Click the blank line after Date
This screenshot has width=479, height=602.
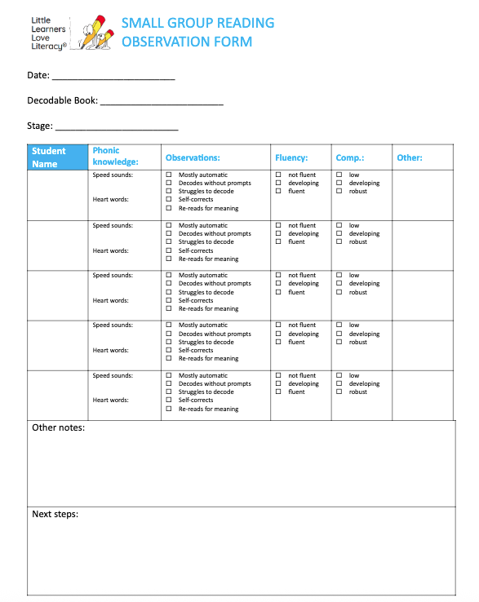click(113, 78)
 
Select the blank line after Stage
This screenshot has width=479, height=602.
click(117, 129)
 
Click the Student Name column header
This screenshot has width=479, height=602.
click(49, 157)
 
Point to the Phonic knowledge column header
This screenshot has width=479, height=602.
click(115, 157)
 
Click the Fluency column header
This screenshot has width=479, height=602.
click(291, 157)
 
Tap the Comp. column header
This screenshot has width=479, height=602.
click(350, 157)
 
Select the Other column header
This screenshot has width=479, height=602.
click(409, 157)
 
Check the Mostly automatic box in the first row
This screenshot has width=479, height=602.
click(169, 175)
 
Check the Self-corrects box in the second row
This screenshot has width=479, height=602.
click(169, 250)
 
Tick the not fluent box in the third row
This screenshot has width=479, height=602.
click(278, 276)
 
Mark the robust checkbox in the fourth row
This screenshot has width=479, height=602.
click(339, 343)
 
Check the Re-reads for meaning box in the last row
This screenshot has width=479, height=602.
click(169, 409)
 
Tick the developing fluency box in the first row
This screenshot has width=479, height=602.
click(278, 184)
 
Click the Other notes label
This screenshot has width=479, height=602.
click(58, 427)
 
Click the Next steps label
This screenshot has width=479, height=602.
click(55, 515)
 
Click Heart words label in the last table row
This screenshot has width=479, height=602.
click(110, 401)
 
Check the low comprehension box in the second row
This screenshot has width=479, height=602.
click(339, 225)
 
